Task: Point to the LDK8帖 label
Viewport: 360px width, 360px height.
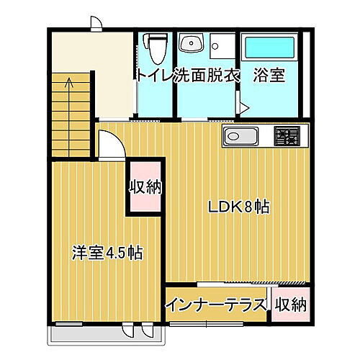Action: [239, 207]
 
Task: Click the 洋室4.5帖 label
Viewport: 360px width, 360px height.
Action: [107, 253]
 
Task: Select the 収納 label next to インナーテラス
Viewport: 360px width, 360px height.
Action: [291, 305]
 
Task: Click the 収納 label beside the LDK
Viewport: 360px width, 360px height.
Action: [145, 188]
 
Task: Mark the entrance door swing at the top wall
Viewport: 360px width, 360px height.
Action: [96, 23]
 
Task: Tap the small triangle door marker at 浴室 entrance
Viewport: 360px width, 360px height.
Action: [244, 108]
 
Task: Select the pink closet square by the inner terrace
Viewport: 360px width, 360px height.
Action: [290, 304]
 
